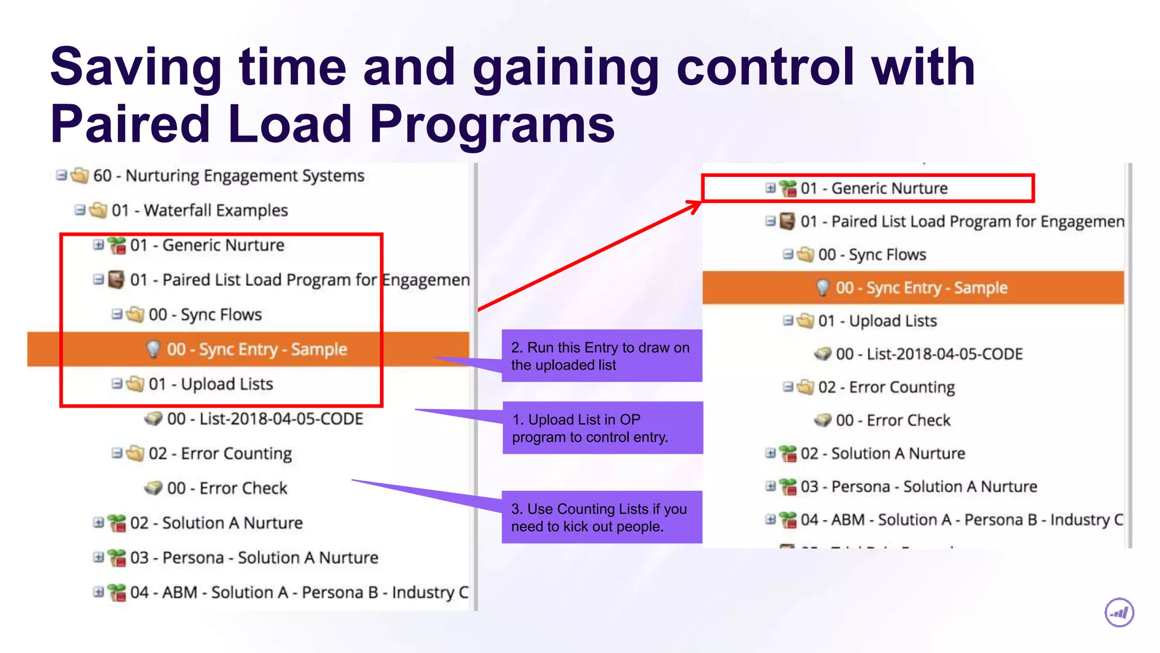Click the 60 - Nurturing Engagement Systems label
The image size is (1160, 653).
(228, 176)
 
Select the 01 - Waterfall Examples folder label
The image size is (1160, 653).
(199, 210)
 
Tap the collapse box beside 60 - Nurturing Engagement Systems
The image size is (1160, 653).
(61, 175)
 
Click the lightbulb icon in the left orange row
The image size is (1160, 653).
(153, 349)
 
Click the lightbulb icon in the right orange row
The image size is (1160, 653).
(822, 287)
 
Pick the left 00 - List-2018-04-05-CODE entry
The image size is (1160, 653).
(265, 419)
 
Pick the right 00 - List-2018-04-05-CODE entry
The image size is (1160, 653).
(929, 354)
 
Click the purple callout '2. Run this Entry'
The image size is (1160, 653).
(601, 356)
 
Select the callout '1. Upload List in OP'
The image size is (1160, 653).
(602, 428)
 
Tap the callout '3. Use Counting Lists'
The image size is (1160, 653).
(601, 517)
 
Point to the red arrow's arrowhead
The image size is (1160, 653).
(696, 205)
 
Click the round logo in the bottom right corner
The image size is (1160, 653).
(1119, 613)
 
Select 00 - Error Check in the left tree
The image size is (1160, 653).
(227, 488)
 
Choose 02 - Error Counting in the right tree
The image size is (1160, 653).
(886, 387)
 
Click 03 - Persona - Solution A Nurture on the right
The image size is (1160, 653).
(919, 487)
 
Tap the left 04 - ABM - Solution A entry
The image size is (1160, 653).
(299, 592)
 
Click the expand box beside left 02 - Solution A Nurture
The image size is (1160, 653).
(98, 523)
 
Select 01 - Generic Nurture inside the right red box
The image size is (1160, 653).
(873, 188)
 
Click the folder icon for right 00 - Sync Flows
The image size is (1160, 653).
(805, 255)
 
